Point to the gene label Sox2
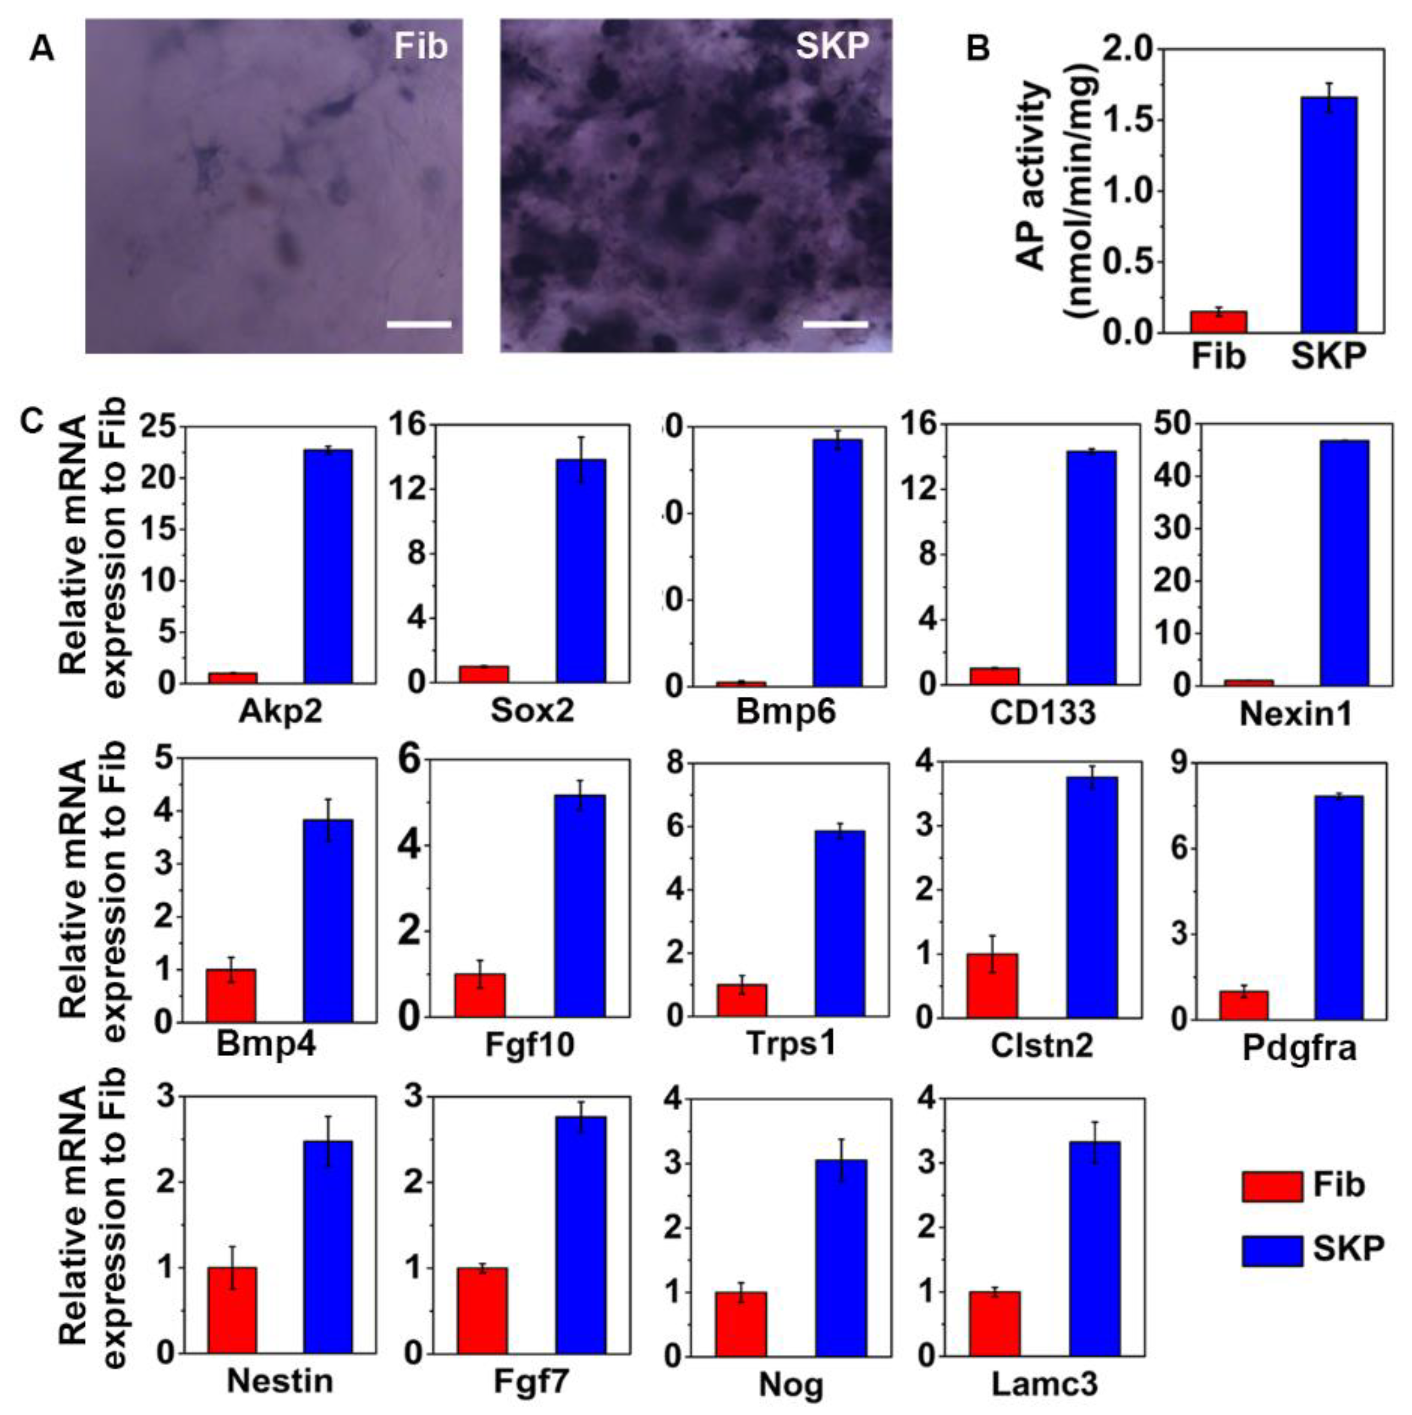coord(532,711)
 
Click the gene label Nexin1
coord(1295,714)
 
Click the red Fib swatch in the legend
coord(1272,1185)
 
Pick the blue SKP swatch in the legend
coord(1272,1250)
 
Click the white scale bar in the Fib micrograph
coord(419,324)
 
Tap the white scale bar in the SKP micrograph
coord(835,324)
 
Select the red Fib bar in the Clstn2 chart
coord(993,985)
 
